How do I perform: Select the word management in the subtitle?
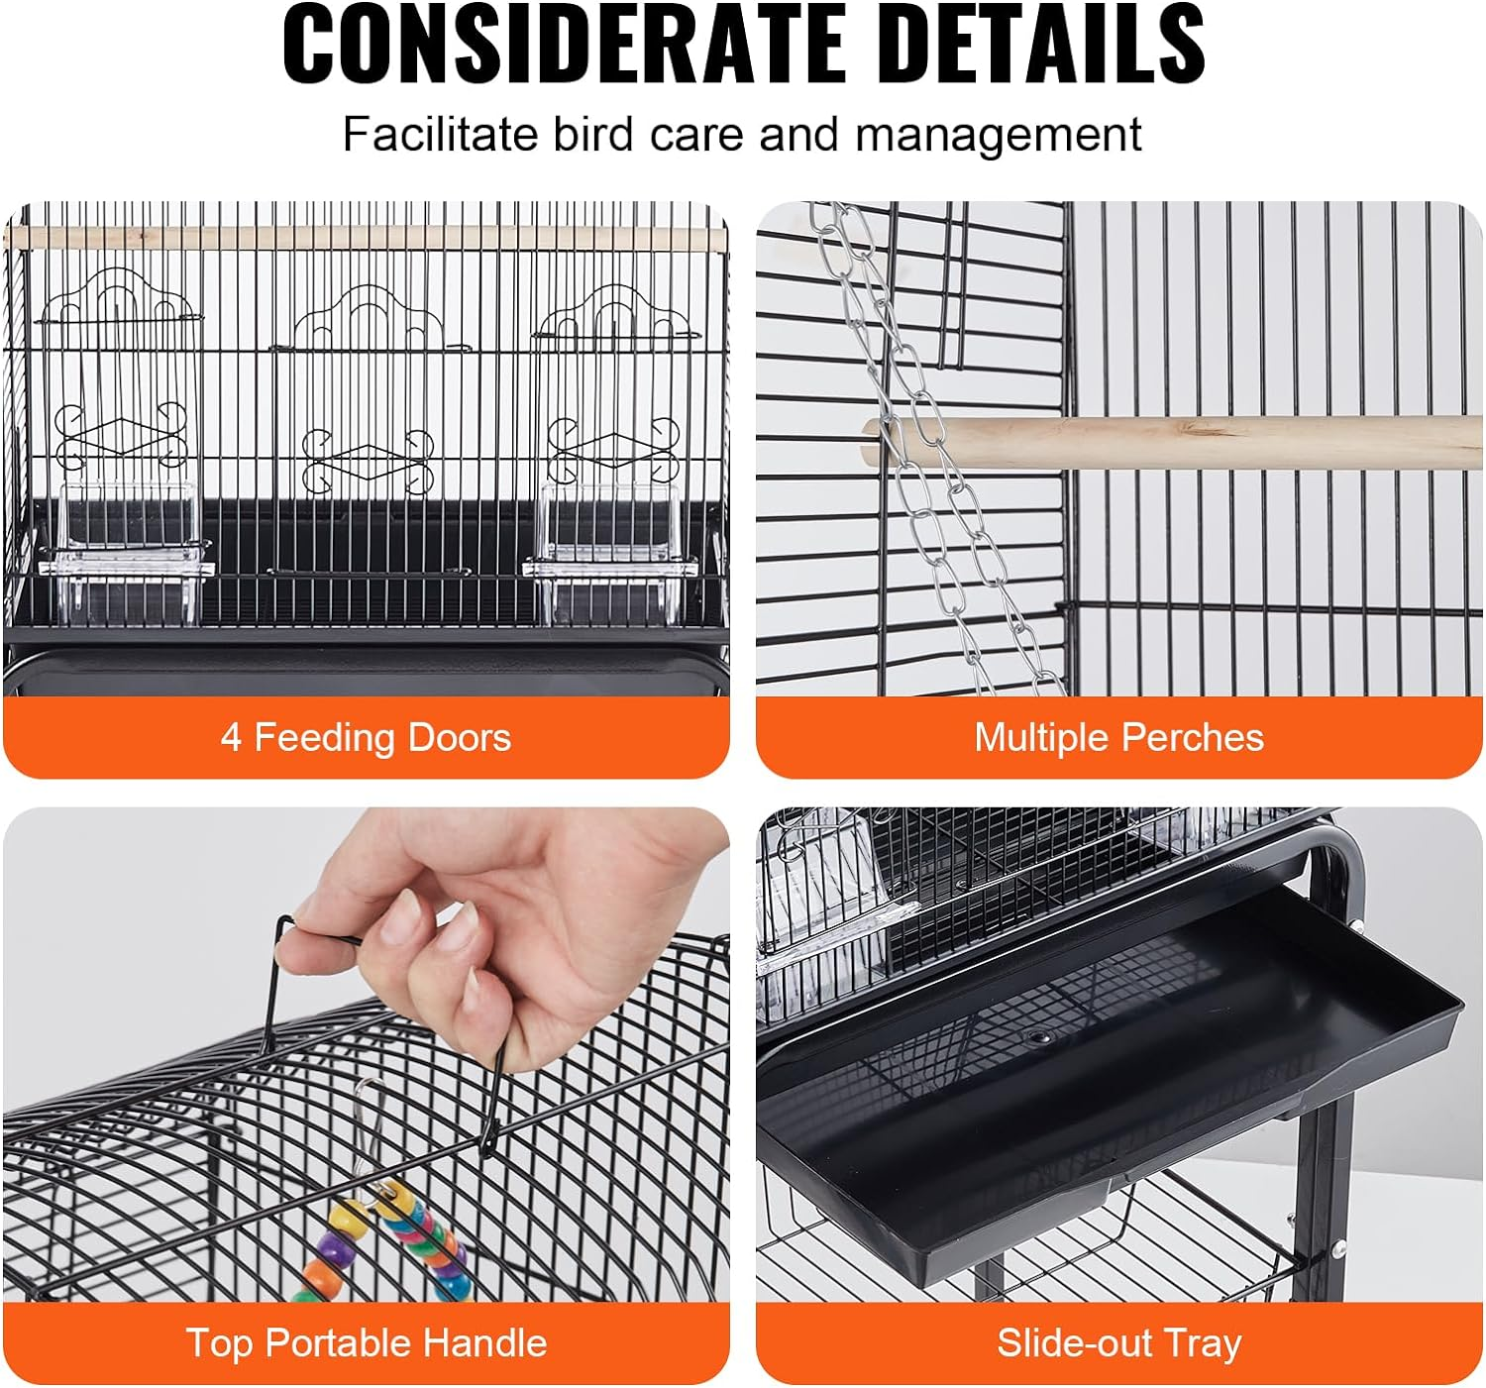click(999, 135)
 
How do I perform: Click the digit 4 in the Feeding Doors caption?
click(231, 738)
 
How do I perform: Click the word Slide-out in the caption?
click(1074, 1343)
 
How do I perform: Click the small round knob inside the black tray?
click(1037, 1037)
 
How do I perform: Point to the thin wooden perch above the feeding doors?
click(367, 238)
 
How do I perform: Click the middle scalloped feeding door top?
click(371, 317)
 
